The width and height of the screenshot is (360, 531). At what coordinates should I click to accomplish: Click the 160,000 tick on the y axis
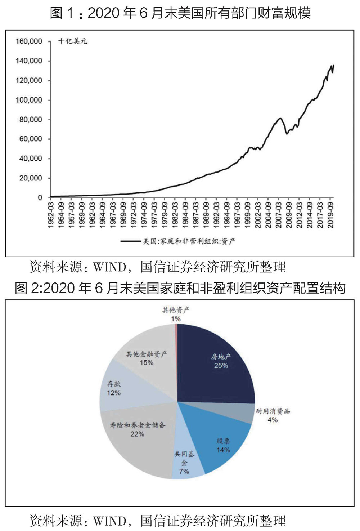[x=29, y=41]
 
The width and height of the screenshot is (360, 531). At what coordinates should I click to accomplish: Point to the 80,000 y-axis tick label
[x=31, y=120]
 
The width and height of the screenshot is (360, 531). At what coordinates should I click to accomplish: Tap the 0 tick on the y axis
[x=40, y=198]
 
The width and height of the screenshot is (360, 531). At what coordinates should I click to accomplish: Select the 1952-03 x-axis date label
[x=51, y=215]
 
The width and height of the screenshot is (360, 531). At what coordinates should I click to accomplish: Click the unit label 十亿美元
[x=73, y=41]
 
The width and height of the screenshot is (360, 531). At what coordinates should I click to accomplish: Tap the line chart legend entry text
[x=189, y=241]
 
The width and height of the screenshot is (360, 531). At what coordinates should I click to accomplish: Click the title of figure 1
[x=180, y=13]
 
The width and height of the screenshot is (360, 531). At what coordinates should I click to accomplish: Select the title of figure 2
[x=180, y=288]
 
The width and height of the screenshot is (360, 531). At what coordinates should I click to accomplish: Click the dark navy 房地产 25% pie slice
[x=216, y=364]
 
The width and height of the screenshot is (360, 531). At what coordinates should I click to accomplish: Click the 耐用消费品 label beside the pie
[x=273, y=411]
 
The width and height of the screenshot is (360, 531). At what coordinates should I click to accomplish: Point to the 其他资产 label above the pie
[x=176, y=310]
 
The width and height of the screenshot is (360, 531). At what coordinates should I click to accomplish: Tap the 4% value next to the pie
[x=273, y=420]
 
